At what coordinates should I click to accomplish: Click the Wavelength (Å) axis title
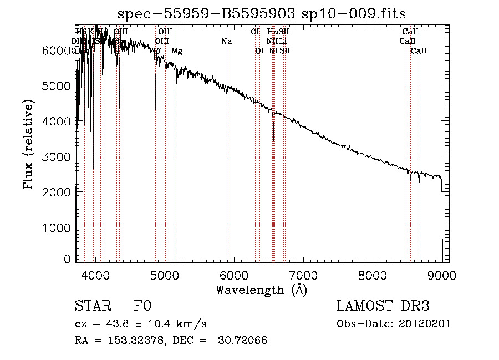coord(261,290)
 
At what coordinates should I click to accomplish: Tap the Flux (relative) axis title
coord(28,144)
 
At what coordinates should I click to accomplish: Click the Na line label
coord(226,41)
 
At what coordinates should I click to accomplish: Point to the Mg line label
coord(177,51)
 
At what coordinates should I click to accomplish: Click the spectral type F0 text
coord(142,306)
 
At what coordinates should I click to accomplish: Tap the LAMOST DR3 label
coord(383,306)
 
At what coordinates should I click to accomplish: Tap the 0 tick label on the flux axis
coord(68,259)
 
